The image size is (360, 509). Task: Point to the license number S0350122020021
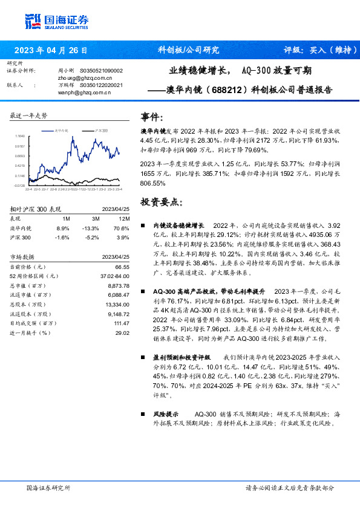point(101,85)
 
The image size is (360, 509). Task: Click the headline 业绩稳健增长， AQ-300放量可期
point(240,71)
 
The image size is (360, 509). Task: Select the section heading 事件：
point(152,117)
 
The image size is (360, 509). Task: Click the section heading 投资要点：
point(160,201)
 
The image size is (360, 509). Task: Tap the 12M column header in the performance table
point(125,218)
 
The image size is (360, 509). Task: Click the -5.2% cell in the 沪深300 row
point(93,238)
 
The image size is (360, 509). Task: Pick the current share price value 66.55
point(122,267)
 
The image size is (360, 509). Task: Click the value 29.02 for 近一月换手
point(122,332)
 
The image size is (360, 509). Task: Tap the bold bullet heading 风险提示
point(166,414)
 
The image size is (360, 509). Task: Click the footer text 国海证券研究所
point(48,487)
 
